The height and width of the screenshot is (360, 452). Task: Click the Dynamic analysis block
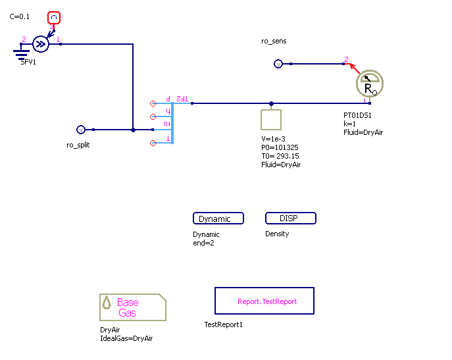coord(218,219)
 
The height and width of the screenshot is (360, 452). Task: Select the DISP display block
coord(290,219)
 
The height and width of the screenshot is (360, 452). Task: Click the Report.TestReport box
coord(264,301)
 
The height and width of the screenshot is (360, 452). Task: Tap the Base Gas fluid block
coord(132,307)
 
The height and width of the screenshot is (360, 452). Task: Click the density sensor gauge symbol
coord(369,84)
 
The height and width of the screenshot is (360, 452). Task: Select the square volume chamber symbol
coord(271,120)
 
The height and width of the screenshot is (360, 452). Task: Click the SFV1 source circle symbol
coord(40,44)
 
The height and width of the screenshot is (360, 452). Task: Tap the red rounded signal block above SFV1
coord(55,17)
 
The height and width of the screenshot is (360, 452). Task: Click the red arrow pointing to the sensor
coord(355,68)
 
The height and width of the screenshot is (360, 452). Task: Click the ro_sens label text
coord(274,41)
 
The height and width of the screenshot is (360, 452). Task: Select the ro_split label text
coord(78,145)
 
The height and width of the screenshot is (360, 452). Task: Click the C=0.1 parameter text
coord(20,16)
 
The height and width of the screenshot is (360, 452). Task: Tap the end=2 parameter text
coord(203,243)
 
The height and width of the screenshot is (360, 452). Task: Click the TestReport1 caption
coord(224,324)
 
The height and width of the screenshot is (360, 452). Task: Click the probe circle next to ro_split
coord(81,130)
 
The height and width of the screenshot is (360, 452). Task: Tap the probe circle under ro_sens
coord(278,64)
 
